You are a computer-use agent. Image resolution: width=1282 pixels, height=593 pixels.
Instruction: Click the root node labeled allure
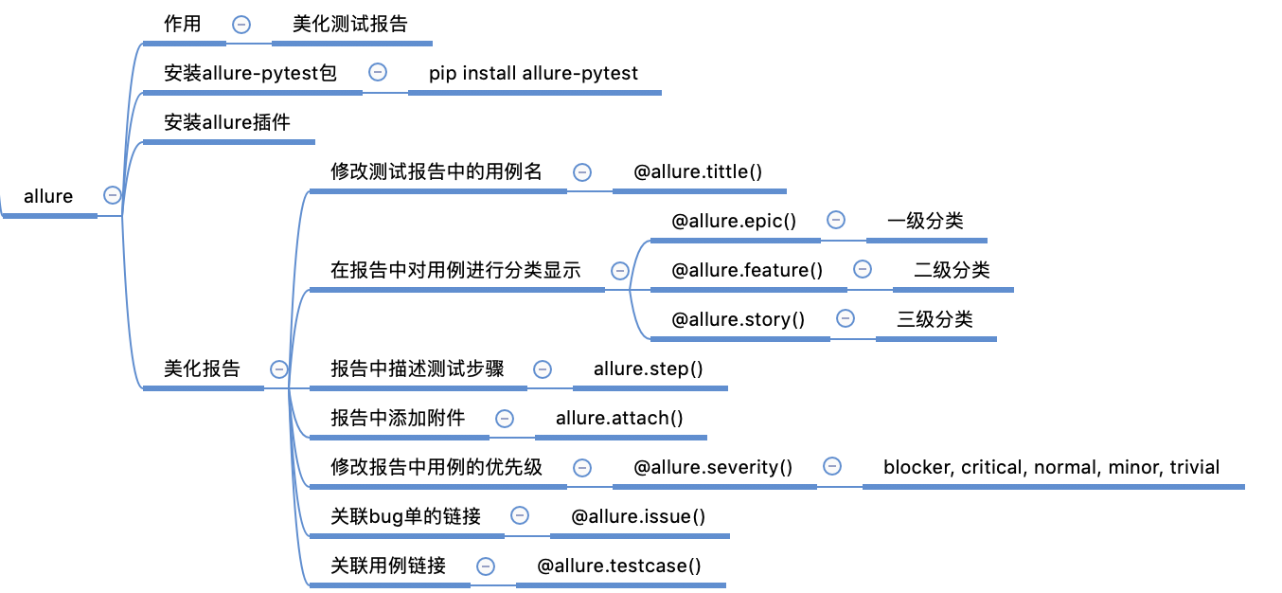click(48, 197)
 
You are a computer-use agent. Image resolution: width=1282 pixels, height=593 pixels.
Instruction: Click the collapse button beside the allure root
click(113, 195)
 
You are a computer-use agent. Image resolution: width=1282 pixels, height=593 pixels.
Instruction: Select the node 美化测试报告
click(350, 25)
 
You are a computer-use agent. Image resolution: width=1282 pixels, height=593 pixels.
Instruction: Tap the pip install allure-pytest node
click(533, 73)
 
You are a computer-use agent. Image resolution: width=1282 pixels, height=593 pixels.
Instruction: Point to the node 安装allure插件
click(227, 122)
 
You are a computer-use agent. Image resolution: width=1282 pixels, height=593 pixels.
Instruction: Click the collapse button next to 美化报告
click(279, 369)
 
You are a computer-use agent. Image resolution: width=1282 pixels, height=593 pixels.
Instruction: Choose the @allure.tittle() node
click(698, 172)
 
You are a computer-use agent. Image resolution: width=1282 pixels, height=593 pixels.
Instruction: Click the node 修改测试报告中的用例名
click(436, 172)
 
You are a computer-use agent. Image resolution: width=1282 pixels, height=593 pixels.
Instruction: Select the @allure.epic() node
click(734, 222)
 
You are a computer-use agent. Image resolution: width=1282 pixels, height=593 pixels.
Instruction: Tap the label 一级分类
click(925, 222)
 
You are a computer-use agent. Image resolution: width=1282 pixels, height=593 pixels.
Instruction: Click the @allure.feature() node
click(747, 271)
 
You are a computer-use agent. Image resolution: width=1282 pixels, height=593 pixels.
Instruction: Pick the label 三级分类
click(935, 320)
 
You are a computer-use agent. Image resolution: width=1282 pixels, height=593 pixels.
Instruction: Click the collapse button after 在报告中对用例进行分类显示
click(620, 271)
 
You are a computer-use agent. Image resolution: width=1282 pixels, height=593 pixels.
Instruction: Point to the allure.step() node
click(649, 369)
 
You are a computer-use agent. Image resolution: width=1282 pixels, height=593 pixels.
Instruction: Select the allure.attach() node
click(619, 419)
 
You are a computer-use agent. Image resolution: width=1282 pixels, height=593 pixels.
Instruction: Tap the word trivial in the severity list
click(1195, 468)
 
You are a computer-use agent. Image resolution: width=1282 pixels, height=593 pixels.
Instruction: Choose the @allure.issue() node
click(639, 517)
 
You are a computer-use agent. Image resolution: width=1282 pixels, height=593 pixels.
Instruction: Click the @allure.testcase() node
click(619, 566)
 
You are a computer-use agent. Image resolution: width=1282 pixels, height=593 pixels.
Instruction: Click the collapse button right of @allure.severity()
click(832, 466)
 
